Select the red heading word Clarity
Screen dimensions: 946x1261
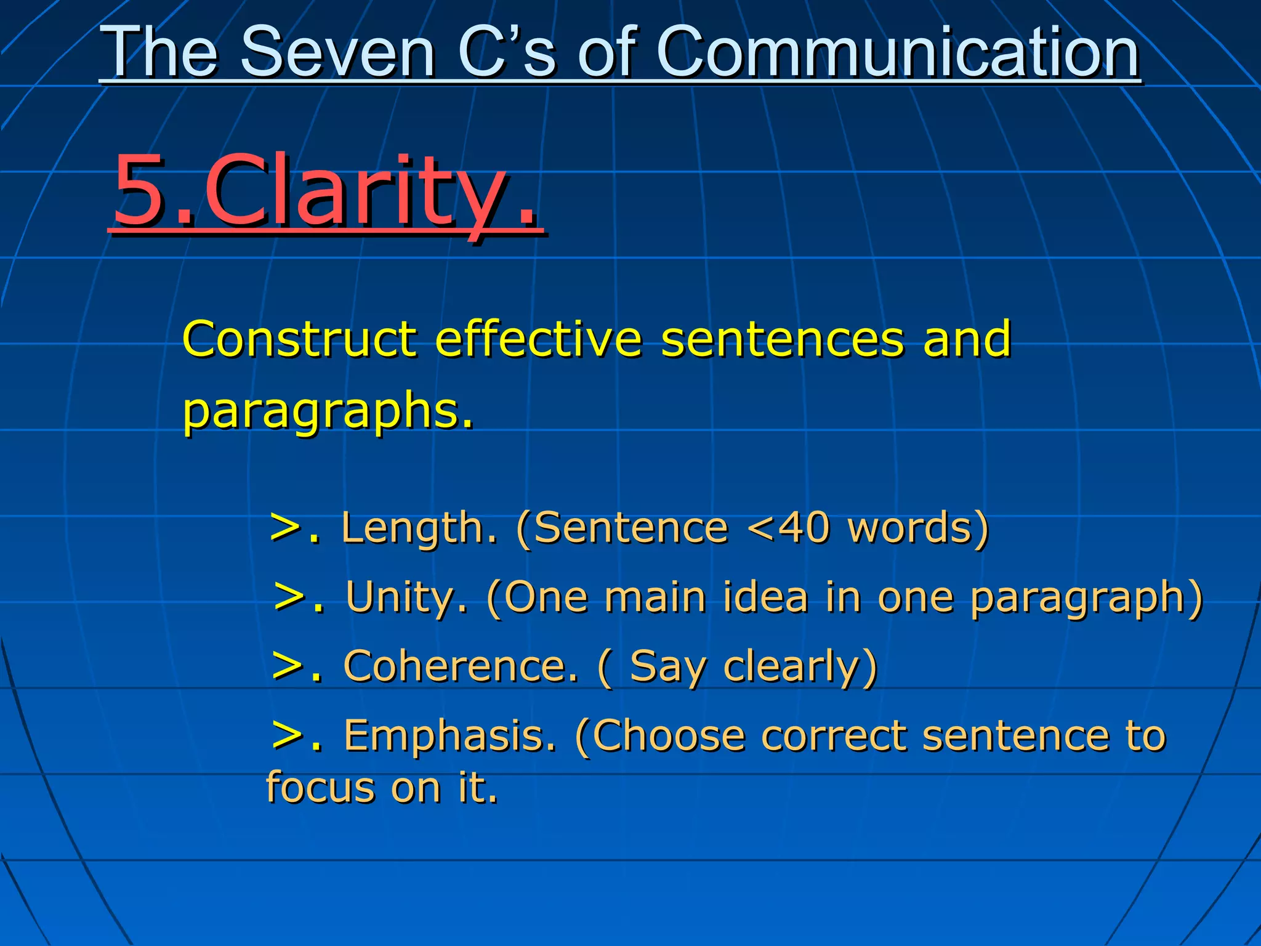pos(369,191)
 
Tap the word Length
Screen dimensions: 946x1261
pos(419,528)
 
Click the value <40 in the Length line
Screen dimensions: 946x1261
pos(788,528)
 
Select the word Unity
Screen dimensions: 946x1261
pos(406,597)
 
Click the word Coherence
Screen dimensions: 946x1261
pos(461,666)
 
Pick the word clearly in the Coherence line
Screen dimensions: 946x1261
pos(800,668)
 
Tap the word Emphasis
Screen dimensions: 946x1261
pos(449,735)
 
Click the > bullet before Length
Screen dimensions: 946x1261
pos(285,528)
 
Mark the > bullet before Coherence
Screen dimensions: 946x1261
pos(287,666)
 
